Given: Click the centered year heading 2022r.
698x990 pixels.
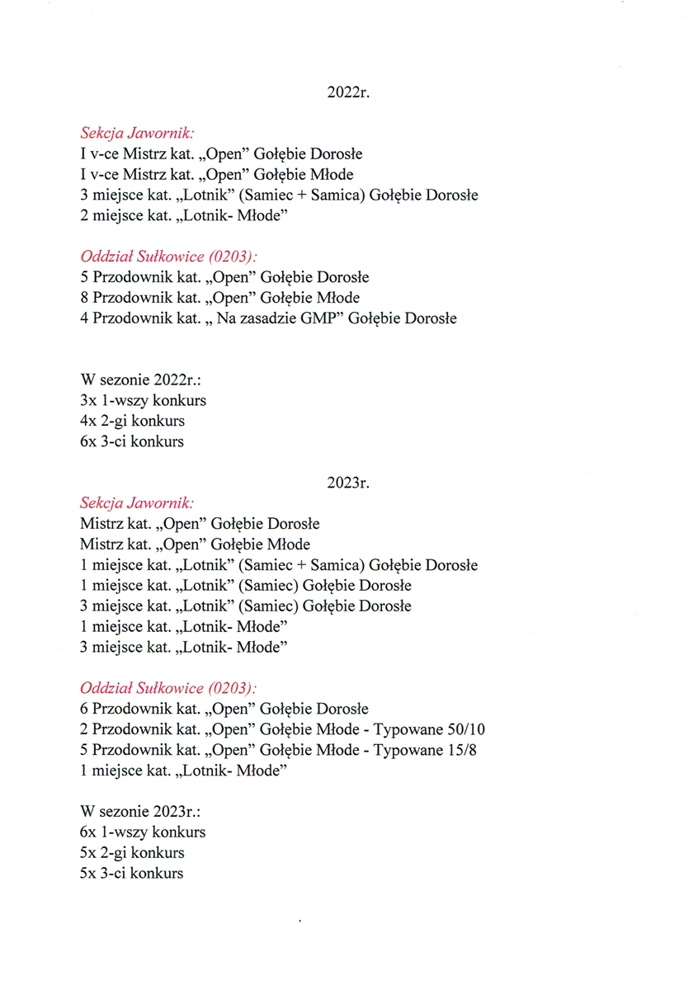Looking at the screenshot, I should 348,93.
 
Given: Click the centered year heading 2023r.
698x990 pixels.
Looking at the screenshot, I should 348,483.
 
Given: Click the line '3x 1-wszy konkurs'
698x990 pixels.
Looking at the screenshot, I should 143,401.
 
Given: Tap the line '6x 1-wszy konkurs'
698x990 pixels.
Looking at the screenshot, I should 143,832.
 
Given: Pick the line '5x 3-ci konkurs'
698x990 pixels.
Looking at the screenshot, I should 132,873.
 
